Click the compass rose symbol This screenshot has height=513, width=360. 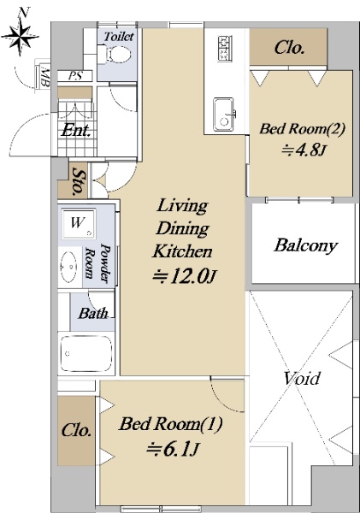click(20, 35)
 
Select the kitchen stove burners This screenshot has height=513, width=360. click(225, 48)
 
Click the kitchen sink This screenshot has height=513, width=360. click(224, 115)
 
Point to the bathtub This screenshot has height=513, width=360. click(86, 353)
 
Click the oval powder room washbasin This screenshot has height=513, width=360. click(69, 267)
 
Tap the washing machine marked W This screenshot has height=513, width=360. click(78, 223)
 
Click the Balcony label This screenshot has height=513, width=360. click(305, 245)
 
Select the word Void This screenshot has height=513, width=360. click(301, 378)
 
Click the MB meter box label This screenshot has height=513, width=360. click(45, 78)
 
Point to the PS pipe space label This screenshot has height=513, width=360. click(75, 76)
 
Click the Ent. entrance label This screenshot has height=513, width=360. click(76, 130)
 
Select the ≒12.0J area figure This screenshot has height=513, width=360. click(184, 277)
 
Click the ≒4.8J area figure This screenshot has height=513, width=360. click(304, 150)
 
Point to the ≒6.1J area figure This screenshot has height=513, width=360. click(173, 449)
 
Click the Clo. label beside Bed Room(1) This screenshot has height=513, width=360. click(76, 430)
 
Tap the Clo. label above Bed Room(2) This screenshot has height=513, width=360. click(289, 47)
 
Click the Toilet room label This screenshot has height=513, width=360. click(119, 36)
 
